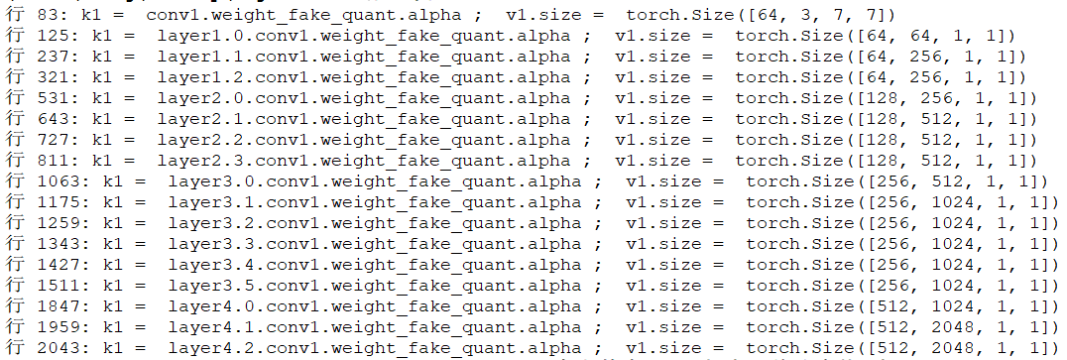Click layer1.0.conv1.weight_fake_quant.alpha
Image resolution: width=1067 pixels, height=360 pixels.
[364, 36]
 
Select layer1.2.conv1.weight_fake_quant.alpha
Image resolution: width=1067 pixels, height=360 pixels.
[364, 77]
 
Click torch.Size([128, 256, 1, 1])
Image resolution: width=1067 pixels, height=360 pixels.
[886, 98]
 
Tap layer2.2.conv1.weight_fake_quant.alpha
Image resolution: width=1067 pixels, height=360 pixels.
[364, 140]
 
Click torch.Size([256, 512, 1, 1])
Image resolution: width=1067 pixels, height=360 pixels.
[897, 181]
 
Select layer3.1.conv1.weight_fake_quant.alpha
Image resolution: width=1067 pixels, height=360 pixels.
[375, 202]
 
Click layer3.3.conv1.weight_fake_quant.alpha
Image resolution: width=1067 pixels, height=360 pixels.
[375, 244]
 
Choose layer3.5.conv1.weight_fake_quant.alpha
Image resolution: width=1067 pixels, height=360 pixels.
[375, 286]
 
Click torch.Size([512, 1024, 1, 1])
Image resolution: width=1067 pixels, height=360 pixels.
[902, 306]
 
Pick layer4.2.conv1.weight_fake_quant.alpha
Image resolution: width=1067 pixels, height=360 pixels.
[375, 348]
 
